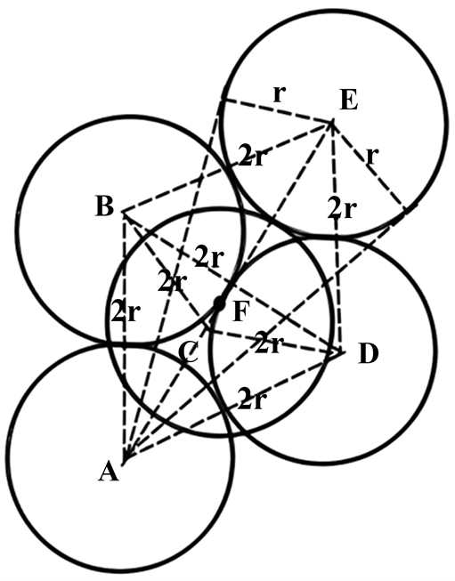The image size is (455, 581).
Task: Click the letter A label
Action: click(x=109, y=472)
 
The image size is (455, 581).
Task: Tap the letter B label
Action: click(x=104, y=206)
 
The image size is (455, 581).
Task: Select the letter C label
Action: click(x=188, y=353)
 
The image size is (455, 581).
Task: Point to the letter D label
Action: click(x=369, y=354)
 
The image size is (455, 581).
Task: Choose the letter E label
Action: click(x=349, y=101)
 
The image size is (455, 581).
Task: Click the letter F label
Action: click(x=240, y=311)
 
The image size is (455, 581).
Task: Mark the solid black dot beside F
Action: click(x=220, y=303)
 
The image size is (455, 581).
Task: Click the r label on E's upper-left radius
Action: click(x=279, y=95)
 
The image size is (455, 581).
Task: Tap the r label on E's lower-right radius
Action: click(x=372, y=157)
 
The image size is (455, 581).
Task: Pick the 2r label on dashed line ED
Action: click(x=342, y=209)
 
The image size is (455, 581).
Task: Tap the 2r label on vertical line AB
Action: click(x=125, y=313)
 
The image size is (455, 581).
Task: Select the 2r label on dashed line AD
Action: click(x=251, y=399)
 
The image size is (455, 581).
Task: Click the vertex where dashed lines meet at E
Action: click(x=332, y=122)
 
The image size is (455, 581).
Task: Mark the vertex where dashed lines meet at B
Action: click(x=124, y=213)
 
